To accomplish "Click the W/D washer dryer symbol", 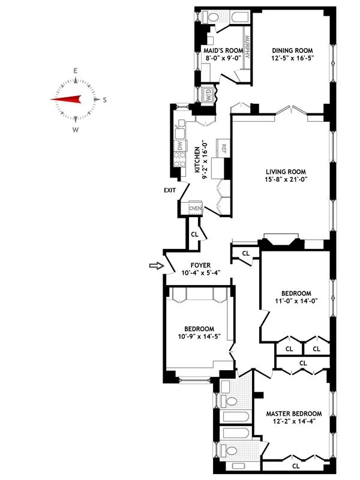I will coord(206,95).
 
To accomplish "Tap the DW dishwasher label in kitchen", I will coord(179,146).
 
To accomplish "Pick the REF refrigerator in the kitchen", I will coord(222,147).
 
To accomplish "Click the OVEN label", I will coord(196,208).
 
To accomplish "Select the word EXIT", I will coord(170,190).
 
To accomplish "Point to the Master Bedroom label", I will coord(293,413).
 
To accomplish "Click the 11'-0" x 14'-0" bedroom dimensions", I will coord(293,302).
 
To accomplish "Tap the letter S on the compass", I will coord(106,100).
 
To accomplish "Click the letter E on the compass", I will coord(76,71).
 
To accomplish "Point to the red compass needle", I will coord(67,100).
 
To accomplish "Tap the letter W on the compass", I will coord(76,129).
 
